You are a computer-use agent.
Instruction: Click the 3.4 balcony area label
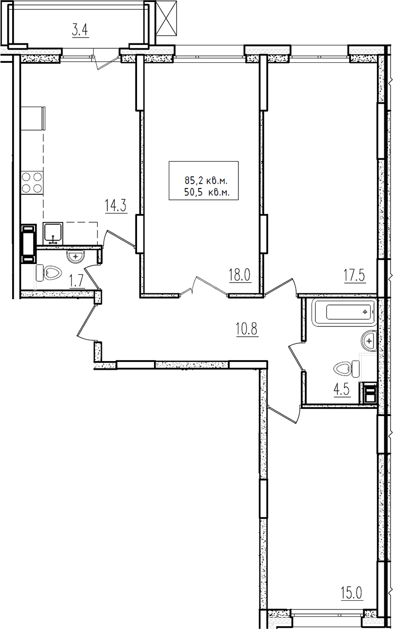coord(80,30)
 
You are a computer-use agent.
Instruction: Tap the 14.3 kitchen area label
coord(115,206)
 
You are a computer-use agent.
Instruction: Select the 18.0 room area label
coord(239,275)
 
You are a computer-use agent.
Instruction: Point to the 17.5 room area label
coord(354,275)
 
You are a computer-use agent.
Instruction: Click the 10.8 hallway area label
coord(247,329)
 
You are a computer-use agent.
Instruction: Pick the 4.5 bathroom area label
coord(342,390)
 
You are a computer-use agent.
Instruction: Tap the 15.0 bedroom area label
coord(352,592)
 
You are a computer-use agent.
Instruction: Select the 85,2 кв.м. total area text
coord(206,180)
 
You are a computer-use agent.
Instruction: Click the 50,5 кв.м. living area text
coord(207,192)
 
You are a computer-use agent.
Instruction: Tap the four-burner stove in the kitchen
coord(32,183)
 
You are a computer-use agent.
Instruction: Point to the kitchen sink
coord(53,234)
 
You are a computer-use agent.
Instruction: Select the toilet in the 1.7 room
coord(49,272)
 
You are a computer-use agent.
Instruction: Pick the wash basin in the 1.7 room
coord(75,256)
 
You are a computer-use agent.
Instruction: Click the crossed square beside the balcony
coord(166,18)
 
